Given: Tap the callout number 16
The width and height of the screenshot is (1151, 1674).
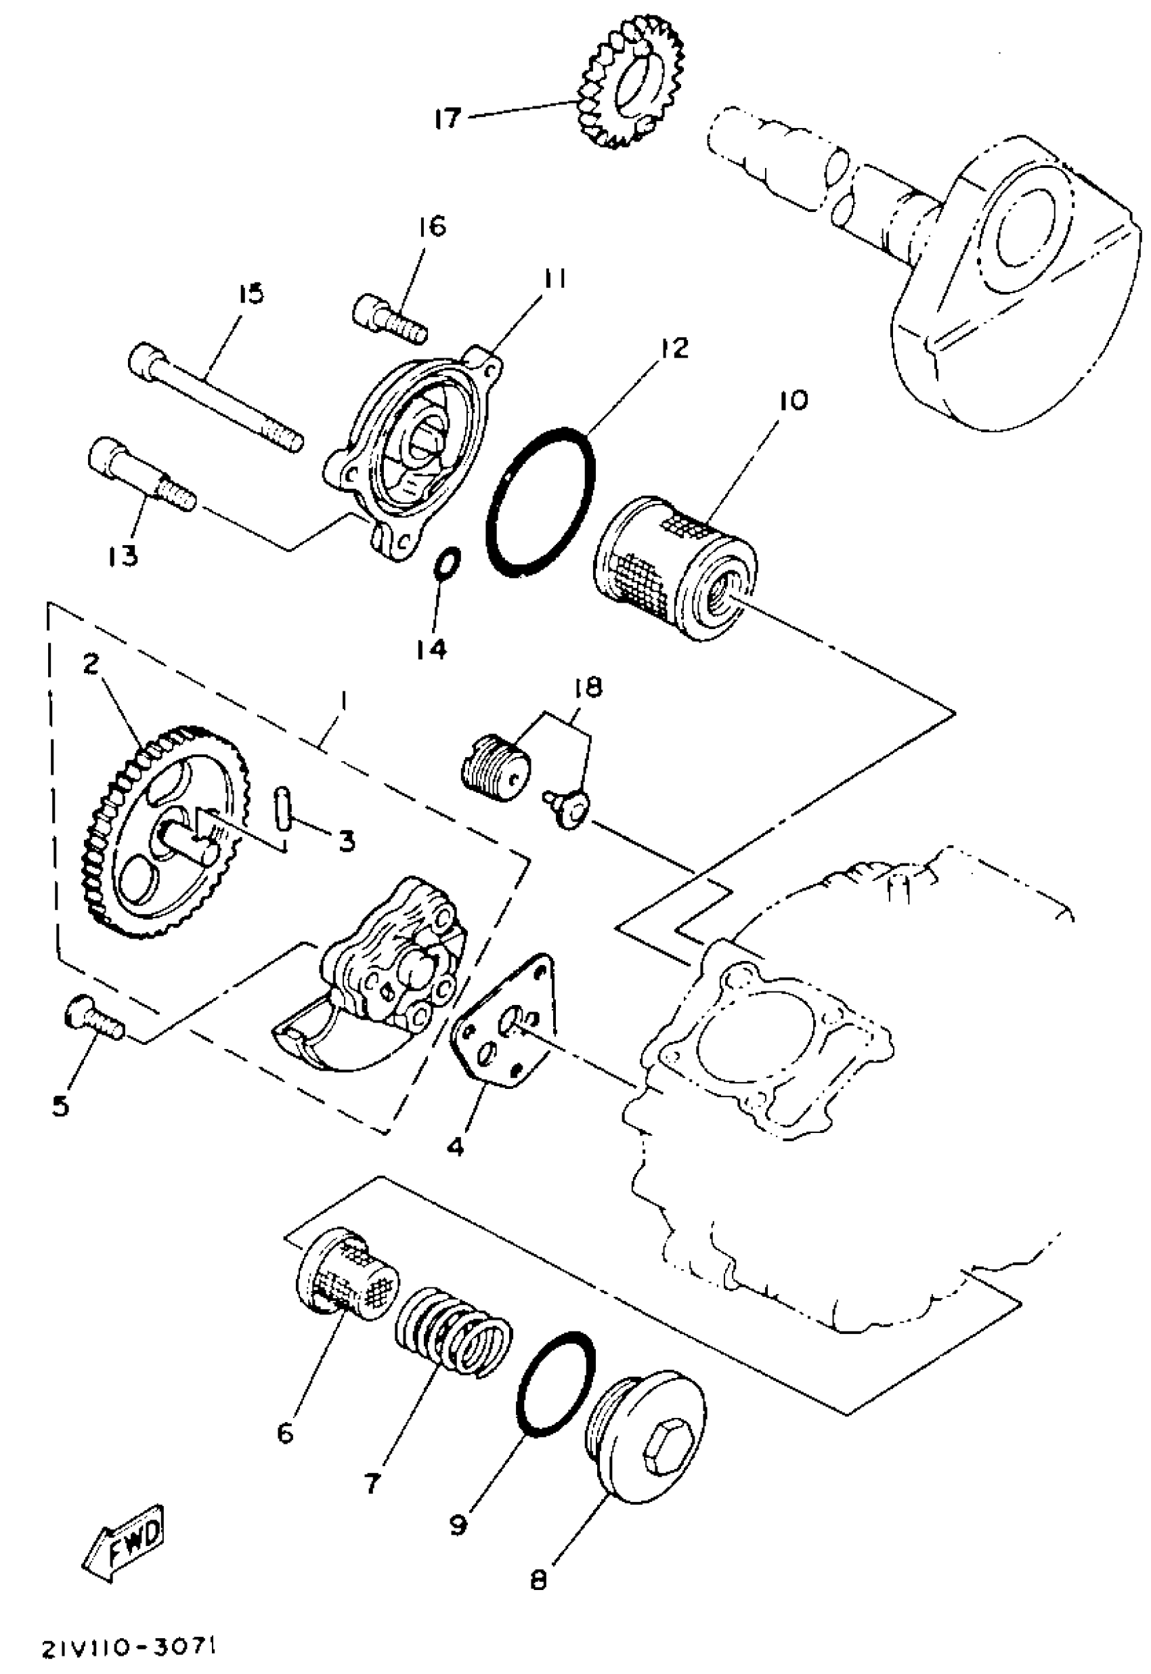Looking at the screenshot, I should [431, 227].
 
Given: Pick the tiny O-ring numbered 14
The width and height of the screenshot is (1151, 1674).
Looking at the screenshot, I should [447, 563].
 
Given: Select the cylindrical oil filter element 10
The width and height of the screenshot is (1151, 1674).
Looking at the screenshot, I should [675, 568].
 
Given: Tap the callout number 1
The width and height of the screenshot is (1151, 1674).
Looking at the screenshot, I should [344, 700].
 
